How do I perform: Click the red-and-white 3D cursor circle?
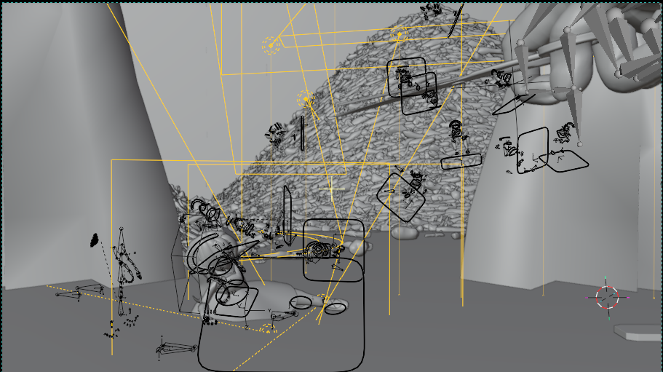coord(607,296)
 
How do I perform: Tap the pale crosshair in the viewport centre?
coord(332,191)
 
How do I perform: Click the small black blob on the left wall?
coord(94,240)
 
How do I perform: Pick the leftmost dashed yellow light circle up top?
coord(271,46)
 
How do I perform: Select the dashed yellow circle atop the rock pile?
coord(399,33)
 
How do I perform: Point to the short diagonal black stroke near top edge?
coord(456,23)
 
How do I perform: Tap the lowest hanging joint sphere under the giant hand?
coord(579,144)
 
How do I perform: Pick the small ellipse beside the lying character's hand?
coord(336,309)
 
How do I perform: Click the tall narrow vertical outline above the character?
coord(287,215)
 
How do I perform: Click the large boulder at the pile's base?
coord(404,231)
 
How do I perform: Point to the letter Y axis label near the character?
coord(270,312)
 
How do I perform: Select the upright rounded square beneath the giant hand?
coord(533,151)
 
